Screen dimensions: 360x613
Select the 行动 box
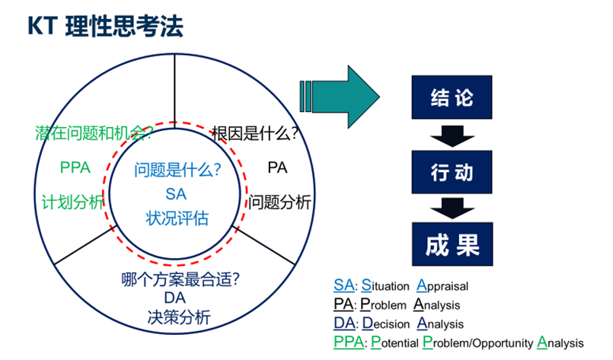pyautogui.click(x=452, y=172)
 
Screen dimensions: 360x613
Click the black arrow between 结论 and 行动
pyautogui.click(x=452, y=135)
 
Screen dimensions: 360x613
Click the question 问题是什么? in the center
pyautogui.click(x=177, y=170)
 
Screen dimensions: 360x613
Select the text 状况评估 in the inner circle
pyautogui.click(x=177, y=218)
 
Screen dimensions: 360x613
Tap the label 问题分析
pyautogui.click(x=279, y=202)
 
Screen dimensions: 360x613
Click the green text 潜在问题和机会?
pyautogui.click(x=94, y=133)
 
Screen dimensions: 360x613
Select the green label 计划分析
pyautogui.click(x=73, y=202)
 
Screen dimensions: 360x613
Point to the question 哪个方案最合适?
pyautogui.click(x=181, y=279)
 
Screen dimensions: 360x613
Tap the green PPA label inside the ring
pyautogui.click(x=75, y=167)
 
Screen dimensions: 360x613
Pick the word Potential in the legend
pyautogui.click(x=396, y=342)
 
